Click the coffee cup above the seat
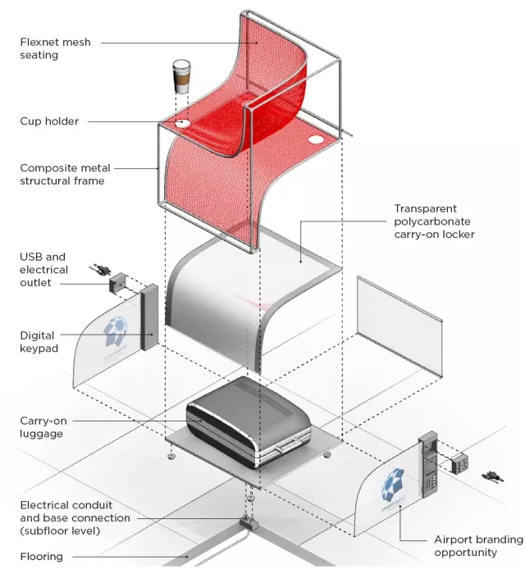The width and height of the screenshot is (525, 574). [x=180, y=77]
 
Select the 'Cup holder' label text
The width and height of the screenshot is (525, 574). [x=49, y=121]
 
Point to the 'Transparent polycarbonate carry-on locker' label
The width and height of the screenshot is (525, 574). [x=435, y=221]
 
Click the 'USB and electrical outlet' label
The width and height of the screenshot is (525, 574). [x=44, y=270]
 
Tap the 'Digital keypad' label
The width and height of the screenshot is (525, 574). [x=38, y=341]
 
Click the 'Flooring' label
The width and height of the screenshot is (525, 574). [x=41, y=557]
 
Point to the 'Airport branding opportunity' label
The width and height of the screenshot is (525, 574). [x=477, y=546]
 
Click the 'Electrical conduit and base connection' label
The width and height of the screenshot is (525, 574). [x=74, y=518]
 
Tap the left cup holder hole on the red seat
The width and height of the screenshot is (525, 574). [x=182, y=124]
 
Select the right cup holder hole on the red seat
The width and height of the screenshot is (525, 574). [x=317, y=140]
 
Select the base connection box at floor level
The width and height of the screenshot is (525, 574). [x=246, y=522]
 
